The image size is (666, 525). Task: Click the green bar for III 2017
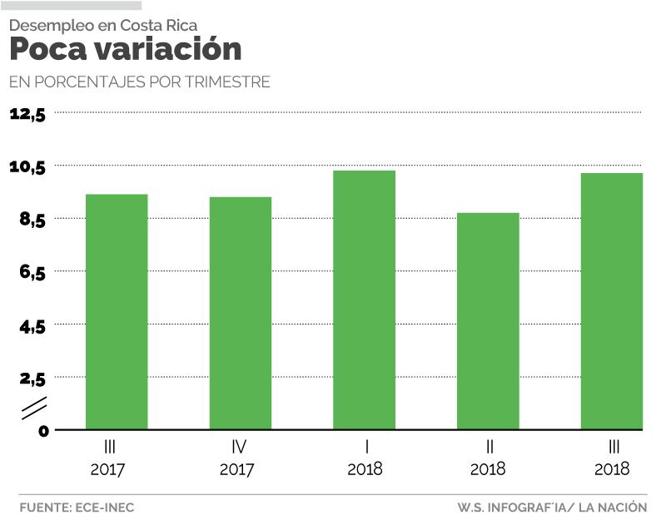[x=117, y=312]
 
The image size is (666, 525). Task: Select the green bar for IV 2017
[x=240, y=313]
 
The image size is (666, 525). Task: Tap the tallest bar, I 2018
[x=364, y=300]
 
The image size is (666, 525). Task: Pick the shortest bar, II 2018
[x=488, y=321]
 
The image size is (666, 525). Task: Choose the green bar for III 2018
[x=612, y=301]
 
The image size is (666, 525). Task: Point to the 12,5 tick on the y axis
[x=27, y=114]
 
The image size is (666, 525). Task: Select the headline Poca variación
[x=125, y=49]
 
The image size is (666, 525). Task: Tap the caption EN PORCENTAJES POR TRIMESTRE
[x=139, y=82]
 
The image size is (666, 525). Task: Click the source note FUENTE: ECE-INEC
[x=77, y=507]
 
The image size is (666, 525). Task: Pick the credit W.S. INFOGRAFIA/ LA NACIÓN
[x=552, y=507]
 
